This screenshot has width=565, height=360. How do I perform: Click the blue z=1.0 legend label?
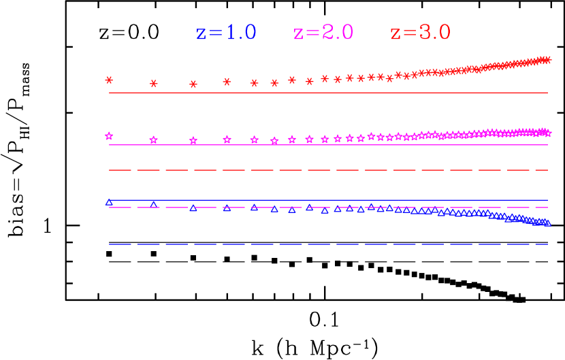click(226, 33)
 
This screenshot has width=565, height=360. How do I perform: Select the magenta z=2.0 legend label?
click(323, 33)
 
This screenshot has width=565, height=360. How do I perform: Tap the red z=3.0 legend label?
click(421, 33)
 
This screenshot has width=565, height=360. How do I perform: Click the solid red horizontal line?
click(327, 93)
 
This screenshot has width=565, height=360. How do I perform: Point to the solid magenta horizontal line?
click(327, 145)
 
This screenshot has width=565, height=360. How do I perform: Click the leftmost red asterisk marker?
click(109, 80)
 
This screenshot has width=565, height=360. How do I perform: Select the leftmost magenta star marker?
click(109, 136)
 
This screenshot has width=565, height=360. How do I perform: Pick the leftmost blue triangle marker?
click(109, 201)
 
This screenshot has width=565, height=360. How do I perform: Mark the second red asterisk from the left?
click(154, 84)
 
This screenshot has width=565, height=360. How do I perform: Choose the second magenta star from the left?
click(154, 140)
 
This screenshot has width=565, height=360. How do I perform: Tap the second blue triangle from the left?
click(154, 203)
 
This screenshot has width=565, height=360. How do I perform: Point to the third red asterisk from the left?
click(193, 84)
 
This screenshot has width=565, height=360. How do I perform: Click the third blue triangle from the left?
click(193, 208)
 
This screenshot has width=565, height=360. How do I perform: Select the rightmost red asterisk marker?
click(547, 60)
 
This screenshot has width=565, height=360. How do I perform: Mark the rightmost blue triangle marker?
click(547, 223)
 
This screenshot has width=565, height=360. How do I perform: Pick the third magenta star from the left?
click(193, 141)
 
